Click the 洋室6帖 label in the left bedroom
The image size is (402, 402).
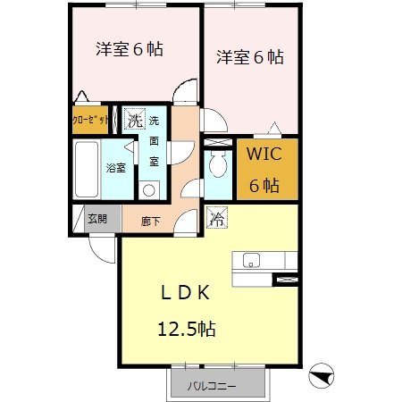(x=130, y=49)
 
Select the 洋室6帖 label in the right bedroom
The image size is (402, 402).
(x=250, y=57)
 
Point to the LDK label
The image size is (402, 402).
(x=185, y=292)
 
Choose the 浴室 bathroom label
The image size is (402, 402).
(x=116, y=167)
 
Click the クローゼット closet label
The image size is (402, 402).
(x=91, y=120)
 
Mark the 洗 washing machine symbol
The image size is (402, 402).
(x=134, y=118)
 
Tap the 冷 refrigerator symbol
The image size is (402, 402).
(x=217, y=217)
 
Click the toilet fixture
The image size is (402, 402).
(x=217, y=166)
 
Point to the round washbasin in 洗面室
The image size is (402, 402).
(x=149, y=188)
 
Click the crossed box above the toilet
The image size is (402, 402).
(x=217, y=142)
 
